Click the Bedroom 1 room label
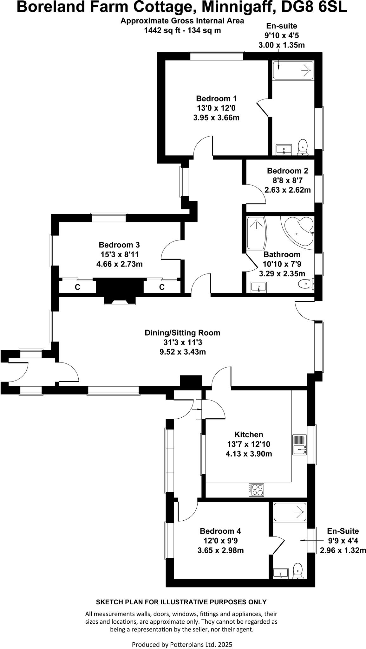(x=216, y=98)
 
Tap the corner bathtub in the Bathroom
(x=298, y=230)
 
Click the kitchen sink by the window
(x=300, y=449)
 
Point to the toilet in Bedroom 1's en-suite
(x=303, y=147)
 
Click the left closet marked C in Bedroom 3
(x=77, y=287)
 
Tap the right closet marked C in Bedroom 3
(x=162, y=287)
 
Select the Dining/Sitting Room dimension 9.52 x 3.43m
(x=182, y=352)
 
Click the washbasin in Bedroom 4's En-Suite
(x=281, y=573)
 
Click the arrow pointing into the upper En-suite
(x=278, y=65)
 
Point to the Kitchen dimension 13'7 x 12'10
(x=249, y=444)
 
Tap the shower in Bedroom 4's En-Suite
(x=290, y=512)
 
